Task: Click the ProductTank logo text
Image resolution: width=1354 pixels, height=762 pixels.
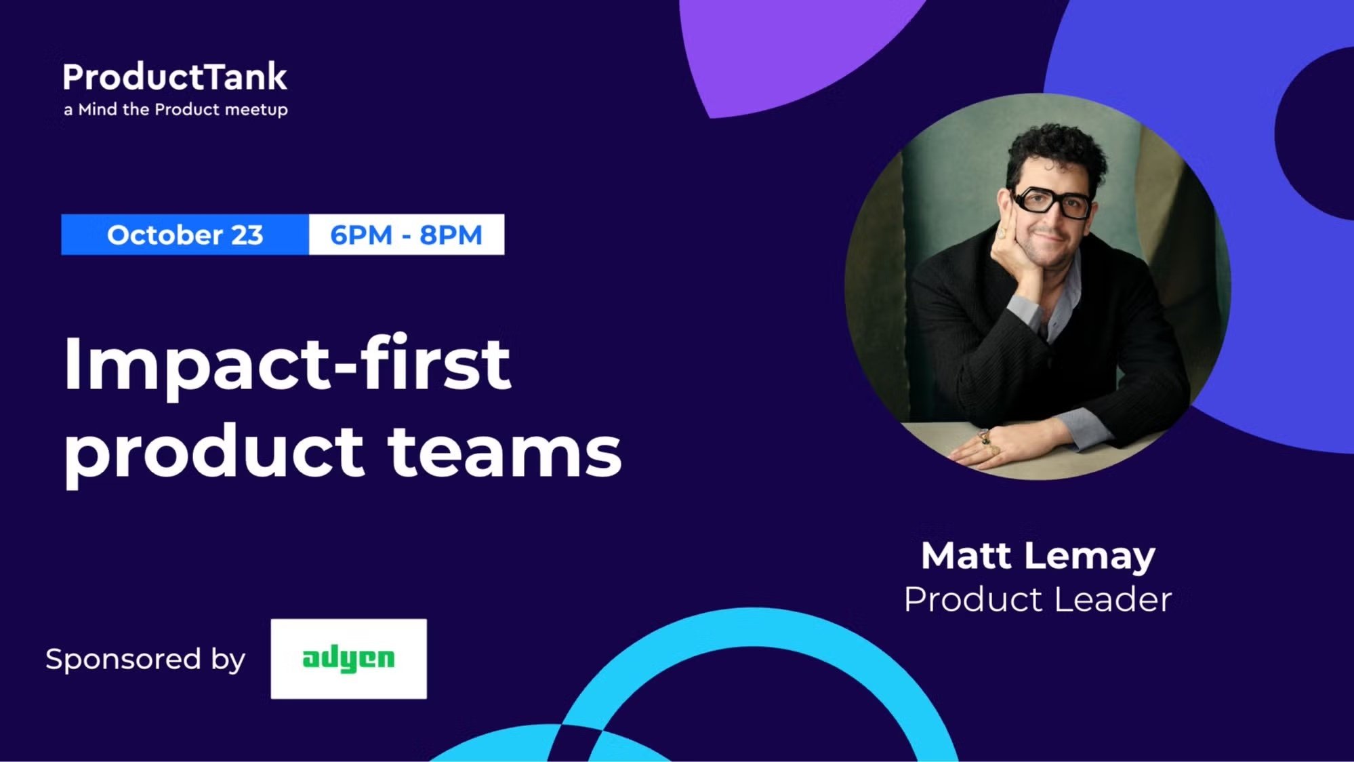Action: pyautogui.click(x=175, y=77)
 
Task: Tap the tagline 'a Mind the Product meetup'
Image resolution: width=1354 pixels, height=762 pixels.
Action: pyautogui.click(x=176, y=110)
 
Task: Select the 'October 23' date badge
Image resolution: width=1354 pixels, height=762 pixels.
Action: pyautogui.click(x=184, y=235)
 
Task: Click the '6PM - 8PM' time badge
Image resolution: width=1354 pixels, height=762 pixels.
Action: pyautogui.click(x=406, y=235)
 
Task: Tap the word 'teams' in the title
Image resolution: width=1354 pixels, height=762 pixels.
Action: pyautogui.click(x=505, y=452)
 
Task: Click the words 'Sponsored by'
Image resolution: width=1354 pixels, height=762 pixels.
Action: pyautogui.click(x=145, y=659)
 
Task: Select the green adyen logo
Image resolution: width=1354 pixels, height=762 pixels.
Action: pyautogui.click(x=348, y=658)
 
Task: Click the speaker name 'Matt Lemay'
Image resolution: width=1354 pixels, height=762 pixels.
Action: pyautogui.click(x=1038, y=556)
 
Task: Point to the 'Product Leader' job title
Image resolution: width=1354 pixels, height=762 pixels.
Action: pyautogui.click(x=1038, y=599)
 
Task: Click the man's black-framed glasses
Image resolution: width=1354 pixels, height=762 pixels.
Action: pyautogui.click(x=1050, y=202)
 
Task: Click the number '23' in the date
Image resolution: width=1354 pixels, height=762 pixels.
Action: pyautogui.click(x=247, y=235)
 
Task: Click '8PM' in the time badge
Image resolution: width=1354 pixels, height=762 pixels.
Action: pyautogui.click(x=451, y=235)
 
